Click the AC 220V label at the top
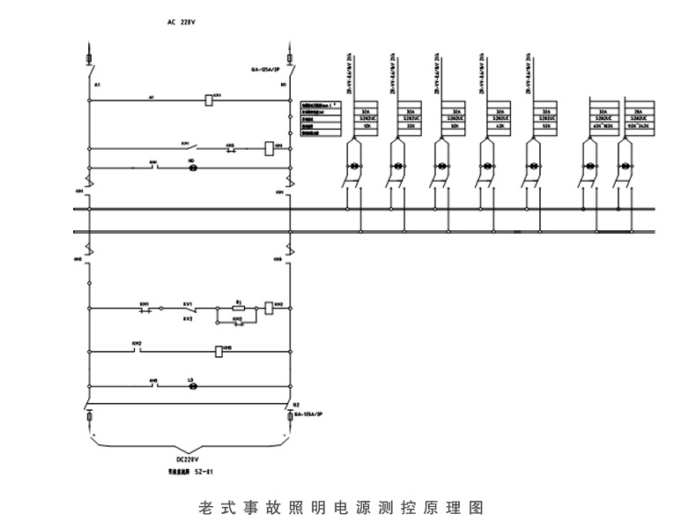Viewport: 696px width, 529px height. tap(180, 20)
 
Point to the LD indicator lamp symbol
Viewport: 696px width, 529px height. tap(194, 386)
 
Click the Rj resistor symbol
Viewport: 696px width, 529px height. tap(238, 309)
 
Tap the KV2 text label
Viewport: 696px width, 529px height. tap(188, 318)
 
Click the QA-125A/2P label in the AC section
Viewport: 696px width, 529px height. tap(265, 68)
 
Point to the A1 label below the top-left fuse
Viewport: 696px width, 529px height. tap(97, 85)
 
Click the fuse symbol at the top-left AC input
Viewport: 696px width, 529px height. tap(89, 60)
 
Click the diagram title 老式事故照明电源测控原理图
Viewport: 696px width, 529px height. tap(344, 509)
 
